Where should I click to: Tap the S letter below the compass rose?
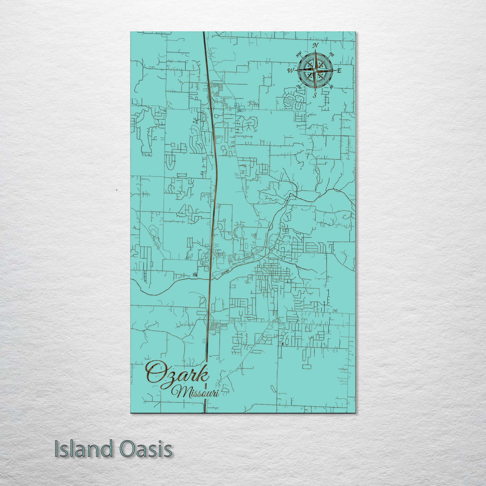click(x=315, y=95)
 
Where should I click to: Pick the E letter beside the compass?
click(x=339, y=70)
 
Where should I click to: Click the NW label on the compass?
click(x=299, y=54)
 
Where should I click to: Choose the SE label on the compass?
click(x=331, y=87)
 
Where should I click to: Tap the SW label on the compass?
click(x=299, y=87)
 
